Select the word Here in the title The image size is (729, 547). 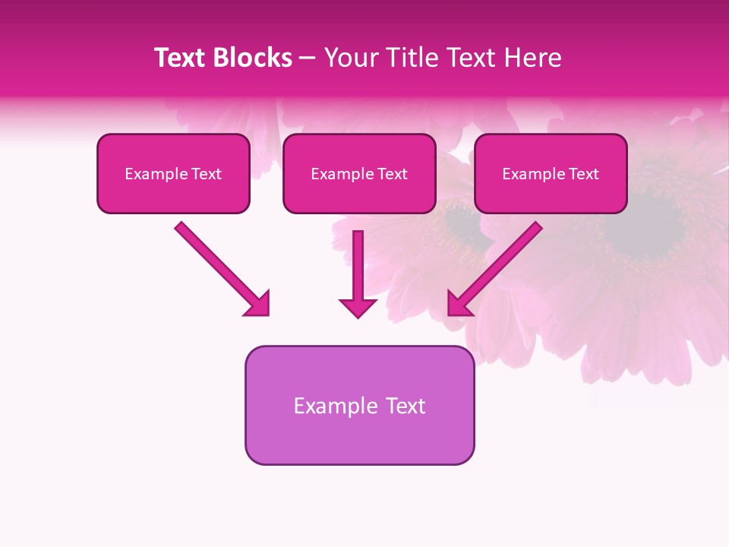click(533, 58)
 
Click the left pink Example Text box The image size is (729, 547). click(173, 174)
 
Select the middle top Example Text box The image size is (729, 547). click(359, 174)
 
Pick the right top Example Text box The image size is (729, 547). click(551, 174)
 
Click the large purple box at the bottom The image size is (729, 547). click(359, 405)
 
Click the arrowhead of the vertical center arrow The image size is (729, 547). click(358, 307)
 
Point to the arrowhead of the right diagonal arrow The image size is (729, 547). click(459, 303)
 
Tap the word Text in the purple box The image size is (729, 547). click(405, 406)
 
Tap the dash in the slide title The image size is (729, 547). click(308, 58)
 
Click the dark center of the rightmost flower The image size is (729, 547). click(653, 224)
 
